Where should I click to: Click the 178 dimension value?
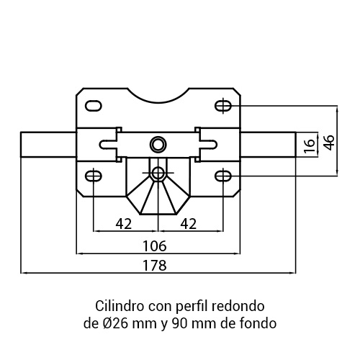coord(154,266)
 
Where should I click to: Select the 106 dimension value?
coord(154,246)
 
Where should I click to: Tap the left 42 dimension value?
coord(124,224)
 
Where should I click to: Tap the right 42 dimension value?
coord(189,224)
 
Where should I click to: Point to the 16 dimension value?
coord(310,145)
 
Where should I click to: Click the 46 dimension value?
coord(329,143)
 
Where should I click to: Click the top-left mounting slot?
coord(94,106)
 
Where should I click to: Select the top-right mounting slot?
coord(223,106)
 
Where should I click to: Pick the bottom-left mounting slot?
coord(94,176)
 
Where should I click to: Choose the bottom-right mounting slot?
coord(223,176)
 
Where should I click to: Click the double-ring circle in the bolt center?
coord(158,145)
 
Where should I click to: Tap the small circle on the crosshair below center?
coord(158,173)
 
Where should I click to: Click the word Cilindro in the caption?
coord(120,306)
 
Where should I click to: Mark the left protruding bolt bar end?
coord(21,145)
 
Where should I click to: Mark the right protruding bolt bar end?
coord(295,145)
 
